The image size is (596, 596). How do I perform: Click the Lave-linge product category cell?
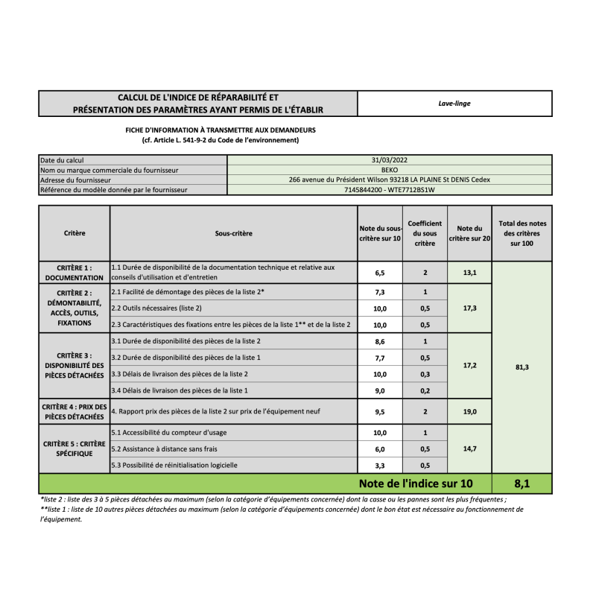pyautogui.click(x=454, y=104)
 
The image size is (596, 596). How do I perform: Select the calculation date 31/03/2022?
pyautogui.click(x=389, y=159)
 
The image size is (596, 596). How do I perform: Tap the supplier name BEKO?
pyautogui.click(x=389, y=170)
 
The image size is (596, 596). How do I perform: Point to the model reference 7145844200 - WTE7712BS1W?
pyautogui.click(x=389, y=190)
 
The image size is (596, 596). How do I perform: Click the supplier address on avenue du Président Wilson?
pyautogui.click(x=389, y=180)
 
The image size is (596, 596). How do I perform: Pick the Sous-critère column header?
pyautogui.click(x=233, y=233)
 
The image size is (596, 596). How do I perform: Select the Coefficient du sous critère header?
pyautogui.click(x=425, y=233)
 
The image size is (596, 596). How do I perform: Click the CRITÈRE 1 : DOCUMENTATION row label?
pyautogui.click(x=74, y=272)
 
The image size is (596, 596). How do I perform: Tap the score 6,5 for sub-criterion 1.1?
pyautogui.click(x=380, y=273)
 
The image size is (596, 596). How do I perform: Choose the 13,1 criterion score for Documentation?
pyautogui.click(x=469, y=273)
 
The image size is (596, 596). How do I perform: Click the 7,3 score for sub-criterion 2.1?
pyautogui.click(x=380, y=292)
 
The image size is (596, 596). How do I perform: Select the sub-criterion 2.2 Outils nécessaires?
pyautogui.click(x=156, y=308)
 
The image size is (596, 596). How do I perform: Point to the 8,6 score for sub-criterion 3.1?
pyautogui.click(x=380, y=341)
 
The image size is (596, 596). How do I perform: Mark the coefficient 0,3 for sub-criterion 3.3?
pyautogui.click(x=425, y=374)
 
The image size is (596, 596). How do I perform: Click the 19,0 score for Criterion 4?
pyautogui.click(x=469, y=410)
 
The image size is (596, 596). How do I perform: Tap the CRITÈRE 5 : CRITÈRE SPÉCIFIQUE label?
pyautogui.click(x=74, y=448)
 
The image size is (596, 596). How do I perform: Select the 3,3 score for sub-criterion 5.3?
pyautogui.click(x=380, y=466)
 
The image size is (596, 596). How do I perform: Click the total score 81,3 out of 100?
pyautogui.click(x=521, y=367)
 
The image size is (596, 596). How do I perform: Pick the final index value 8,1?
pyautogui.click(x=521, y=484)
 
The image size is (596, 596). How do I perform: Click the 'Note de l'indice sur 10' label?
pyautogui.click(x=415, y=484)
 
